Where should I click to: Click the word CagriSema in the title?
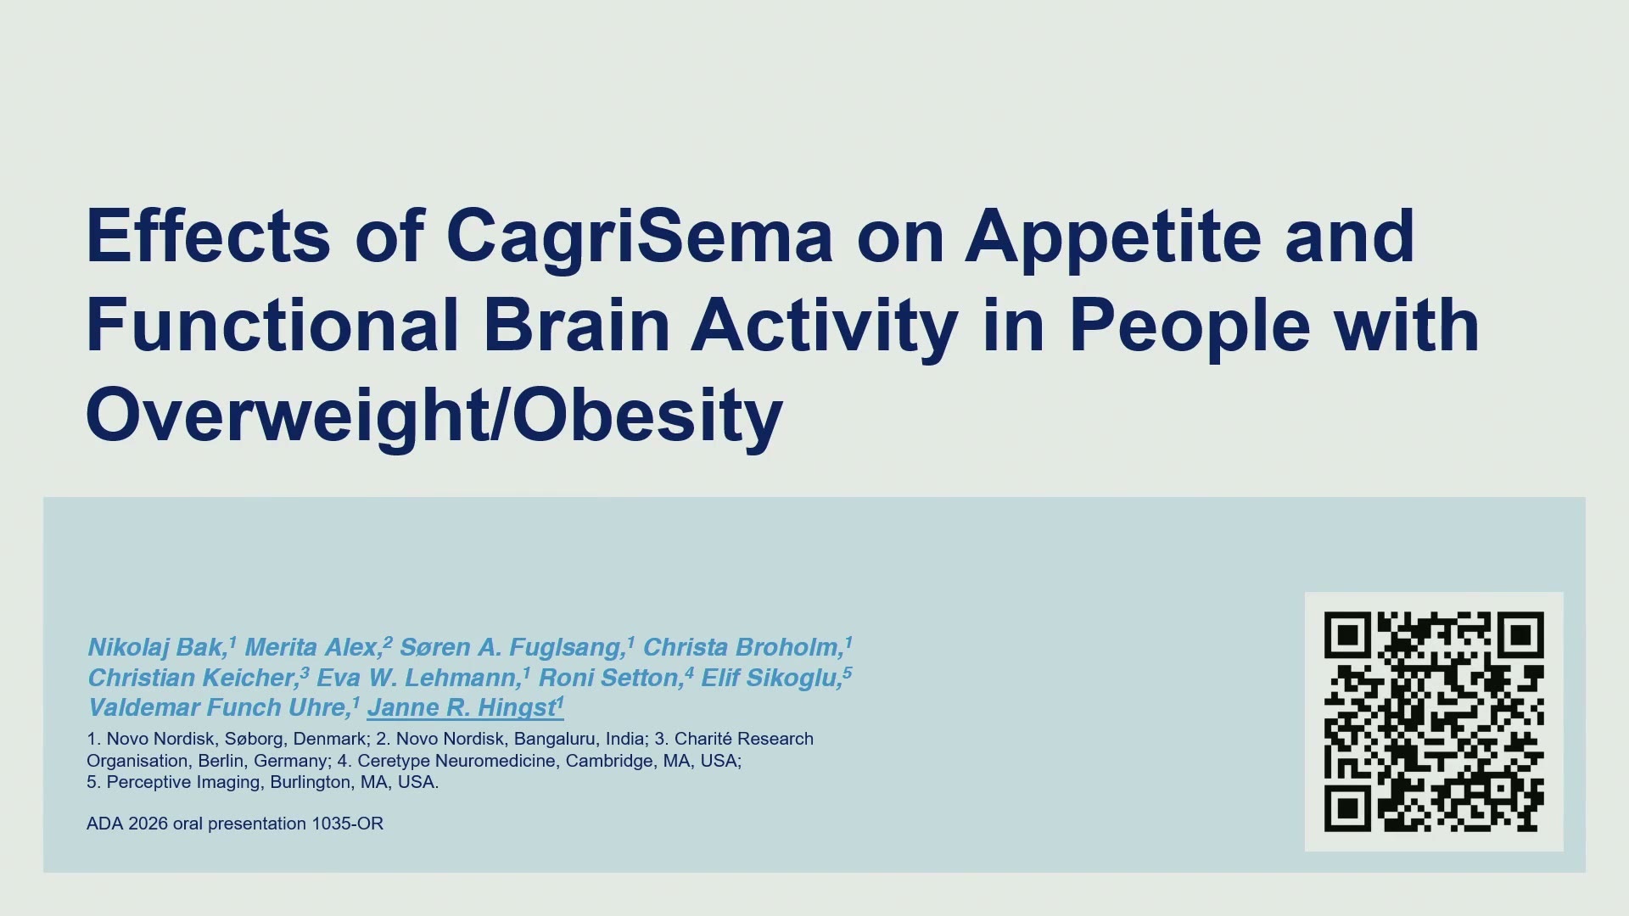tap(640, 237)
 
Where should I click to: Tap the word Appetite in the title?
tap(1114, 237)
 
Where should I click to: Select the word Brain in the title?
tap(577, 325)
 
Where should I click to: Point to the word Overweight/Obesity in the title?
tap(434, 416)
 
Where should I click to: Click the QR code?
tap(1434, 722)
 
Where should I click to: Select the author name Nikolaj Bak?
tap(156, 648)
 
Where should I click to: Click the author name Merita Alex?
tap(312, 648)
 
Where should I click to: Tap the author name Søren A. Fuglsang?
tap(512, 648)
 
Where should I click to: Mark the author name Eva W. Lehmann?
tap(417, 678)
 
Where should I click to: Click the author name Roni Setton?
tap(609, 678)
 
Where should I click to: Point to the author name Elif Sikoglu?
tap(770, 678)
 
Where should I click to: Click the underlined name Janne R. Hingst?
tap(462, 708)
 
